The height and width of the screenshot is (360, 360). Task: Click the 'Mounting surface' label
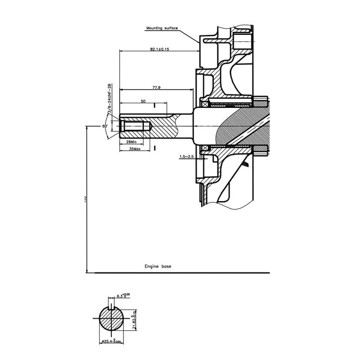pos(162,28)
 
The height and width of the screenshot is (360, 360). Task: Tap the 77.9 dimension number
pos(156,87)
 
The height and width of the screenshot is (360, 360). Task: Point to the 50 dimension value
pos(143,102)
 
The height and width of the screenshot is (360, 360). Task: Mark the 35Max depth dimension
pos(134,148)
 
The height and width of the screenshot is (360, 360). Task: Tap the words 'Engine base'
pos(158,267)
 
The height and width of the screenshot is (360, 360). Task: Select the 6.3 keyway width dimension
pos(121,296)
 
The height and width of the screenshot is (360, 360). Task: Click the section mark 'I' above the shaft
pos(154,105)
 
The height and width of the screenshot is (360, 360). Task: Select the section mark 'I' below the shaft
pos(154,148)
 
